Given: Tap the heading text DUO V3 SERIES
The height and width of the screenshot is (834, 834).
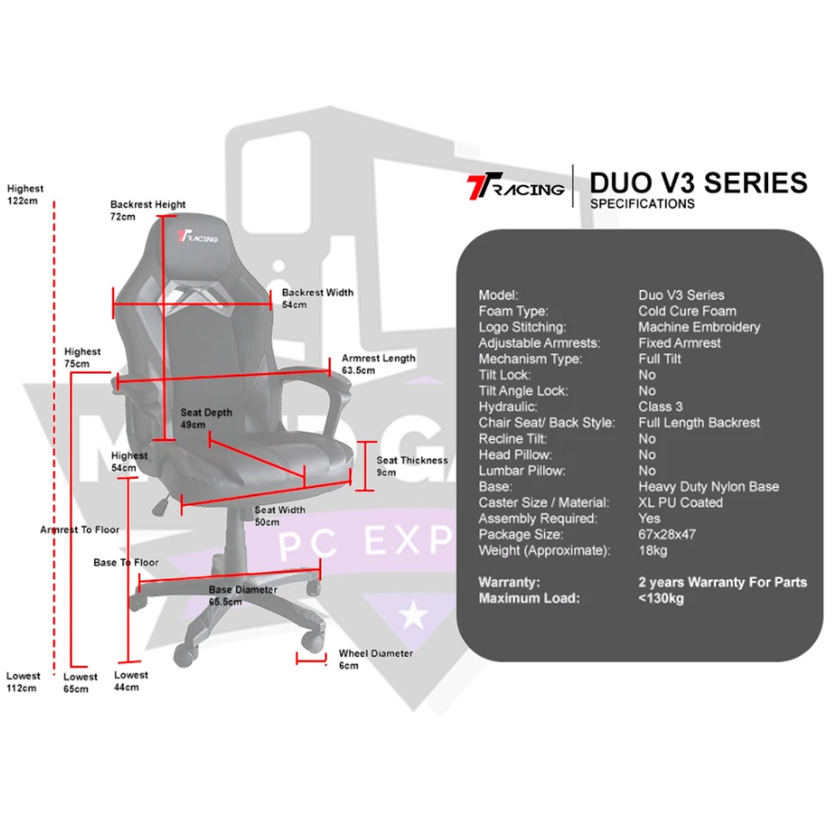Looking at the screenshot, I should (x=699, y=182).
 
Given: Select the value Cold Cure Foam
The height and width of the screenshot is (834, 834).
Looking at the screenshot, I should (x=687, y=311).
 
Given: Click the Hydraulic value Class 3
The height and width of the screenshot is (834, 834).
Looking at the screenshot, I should (x=661, y=406).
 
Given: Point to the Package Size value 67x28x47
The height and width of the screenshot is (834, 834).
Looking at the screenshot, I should (x=666, y=534).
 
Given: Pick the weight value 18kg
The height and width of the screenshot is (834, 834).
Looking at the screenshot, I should (x=653, y=551).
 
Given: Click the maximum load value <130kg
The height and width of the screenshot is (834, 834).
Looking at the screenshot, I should (x=661, y=599).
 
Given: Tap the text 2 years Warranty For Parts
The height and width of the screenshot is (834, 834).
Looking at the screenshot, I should (x=722, y=582).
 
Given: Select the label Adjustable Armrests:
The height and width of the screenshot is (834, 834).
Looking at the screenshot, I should (x=538, y=343).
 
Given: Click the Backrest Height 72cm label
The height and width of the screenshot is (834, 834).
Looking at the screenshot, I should (x=147, y=211).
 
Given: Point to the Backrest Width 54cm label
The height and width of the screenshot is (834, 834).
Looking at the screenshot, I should (x=317, y=298).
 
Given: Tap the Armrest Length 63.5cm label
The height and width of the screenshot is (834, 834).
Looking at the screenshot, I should (x=378, y=364).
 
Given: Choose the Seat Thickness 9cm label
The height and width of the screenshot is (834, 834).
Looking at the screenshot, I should (x=411, y=466).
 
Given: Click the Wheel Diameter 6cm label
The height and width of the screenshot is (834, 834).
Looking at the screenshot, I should (x=375, y=659).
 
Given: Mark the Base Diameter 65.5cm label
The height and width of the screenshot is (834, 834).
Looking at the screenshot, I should (x=242, y=595).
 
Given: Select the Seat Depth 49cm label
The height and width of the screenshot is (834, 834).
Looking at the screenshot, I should (x=205, y=419).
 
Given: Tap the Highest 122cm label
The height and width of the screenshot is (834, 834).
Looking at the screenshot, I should (x=24, y=194).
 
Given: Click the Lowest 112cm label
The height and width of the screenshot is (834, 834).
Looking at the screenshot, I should (x=23, y=682).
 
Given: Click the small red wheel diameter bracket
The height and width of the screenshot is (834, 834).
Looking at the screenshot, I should (x=310, y=658).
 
